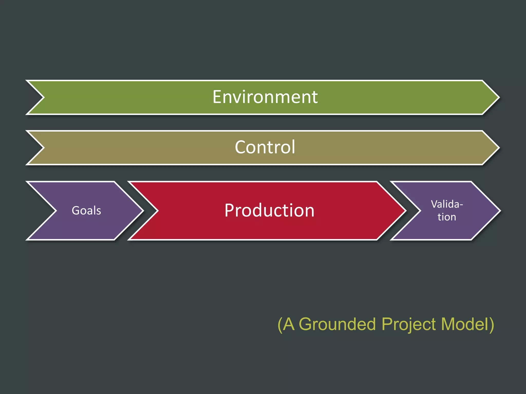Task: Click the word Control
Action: pyautogui.click(x=265, y=147)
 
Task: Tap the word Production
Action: pyautogui.click(x=269, y=210)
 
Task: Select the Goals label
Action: pyautogui.click(x=86, y=211)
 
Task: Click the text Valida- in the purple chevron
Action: pyautogui.click(x=447, y=204)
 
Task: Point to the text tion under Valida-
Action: pyautogui.click(x=447, y=217)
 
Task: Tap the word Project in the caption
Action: pyautogui.click(x=409, y=324)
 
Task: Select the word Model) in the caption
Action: pyautogui.click(x=467, y=324)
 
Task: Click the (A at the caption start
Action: pyautogui.click(x=286, y=324)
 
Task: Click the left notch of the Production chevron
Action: pyautogui.click(x=157, y=211)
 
